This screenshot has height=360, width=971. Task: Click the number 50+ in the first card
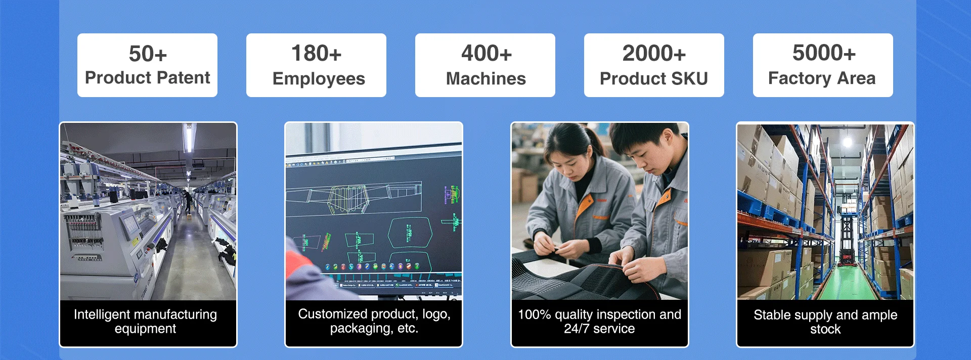coord(148,54)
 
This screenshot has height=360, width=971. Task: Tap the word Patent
coord(183,77)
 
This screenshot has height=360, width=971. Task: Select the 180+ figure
coord(317,53)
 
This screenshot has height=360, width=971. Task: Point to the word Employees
coord(319,79)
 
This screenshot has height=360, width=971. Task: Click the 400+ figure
coord(486,53)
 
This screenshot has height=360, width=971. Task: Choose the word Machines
coord(486,78)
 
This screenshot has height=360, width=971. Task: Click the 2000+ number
coord(654,53)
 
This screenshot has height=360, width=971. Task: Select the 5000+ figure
coord(824,53)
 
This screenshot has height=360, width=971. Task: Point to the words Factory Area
coord(822,78)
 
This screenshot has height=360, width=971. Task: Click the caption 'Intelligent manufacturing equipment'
coord(146,322)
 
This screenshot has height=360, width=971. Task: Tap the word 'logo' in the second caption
coord(435,314)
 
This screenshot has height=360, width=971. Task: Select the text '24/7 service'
coord(599,329)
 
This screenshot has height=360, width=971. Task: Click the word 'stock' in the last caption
coord(825,329)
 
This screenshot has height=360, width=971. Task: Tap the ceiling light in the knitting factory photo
coord(189,138)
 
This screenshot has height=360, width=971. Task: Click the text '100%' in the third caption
coord(535,314)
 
